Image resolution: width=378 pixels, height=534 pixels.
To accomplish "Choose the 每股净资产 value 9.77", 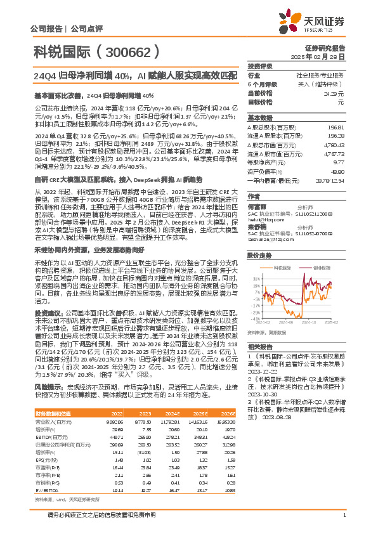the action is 339,162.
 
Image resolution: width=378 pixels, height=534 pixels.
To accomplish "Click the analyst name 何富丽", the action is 256,207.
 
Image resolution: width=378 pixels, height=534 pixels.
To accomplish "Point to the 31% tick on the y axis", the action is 256,278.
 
